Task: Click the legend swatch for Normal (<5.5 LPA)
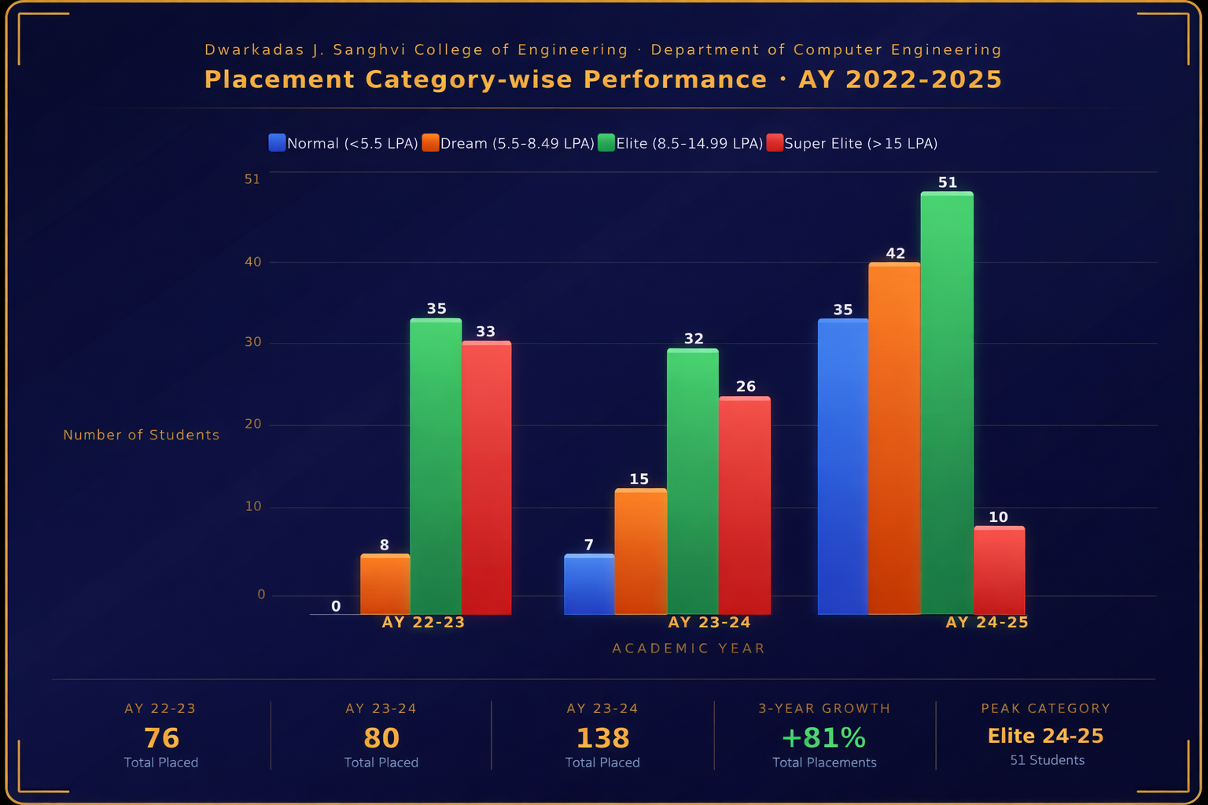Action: coord(277,143)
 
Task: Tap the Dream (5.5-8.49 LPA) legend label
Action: coord(517,143)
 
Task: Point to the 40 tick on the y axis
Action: coord(252,262)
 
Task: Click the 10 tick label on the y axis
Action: coord(252,506)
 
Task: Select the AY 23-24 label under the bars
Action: coord(709,623)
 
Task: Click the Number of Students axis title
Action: coord(142,435)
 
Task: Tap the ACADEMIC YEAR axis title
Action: coord(688,649)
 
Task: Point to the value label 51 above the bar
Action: coord(948,182)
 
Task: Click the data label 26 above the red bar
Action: coord(746,387)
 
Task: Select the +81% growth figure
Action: coord(823,738)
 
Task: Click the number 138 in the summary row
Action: coord(602,738)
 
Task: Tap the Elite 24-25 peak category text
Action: coord(1045,736)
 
